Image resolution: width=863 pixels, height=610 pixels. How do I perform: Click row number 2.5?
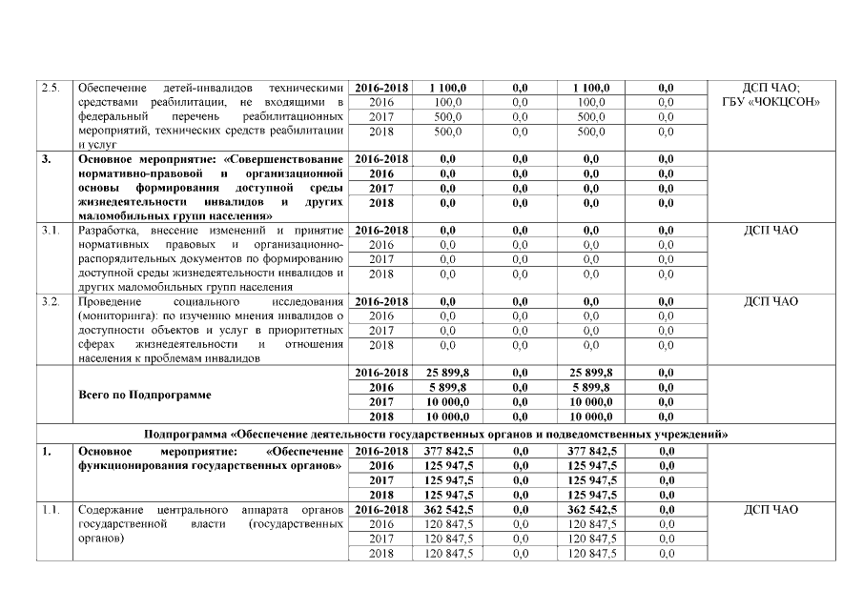pos(51,88)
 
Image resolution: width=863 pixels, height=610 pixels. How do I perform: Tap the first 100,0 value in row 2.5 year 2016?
pos(447,102)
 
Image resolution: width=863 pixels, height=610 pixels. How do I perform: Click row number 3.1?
pos(51,230)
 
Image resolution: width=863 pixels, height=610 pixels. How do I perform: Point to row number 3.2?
pos(51,301)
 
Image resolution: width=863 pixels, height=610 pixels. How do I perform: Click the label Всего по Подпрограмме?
pos(144,394)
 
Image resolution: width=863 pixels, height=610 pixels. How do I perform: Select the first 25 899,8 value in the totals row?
pos(446,373)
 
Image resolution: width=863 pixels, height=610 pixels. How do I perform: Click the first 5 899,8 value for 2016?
pos(446,387)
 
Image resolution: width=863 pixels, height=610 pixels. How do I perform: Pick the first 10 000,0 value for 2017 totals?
pos(446,401)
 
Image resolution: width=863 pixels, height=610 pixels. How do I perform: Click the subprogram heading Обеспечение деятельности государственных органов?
pos(436,434)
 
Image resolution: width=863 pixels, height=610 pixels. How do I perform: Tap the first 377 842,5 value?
pos(446,450)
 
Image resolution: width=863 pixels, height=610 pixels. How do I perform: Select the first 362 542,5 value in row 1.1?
pos(446,510)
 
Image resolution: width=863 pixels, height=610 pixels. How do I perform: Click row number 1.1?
pos(51,510)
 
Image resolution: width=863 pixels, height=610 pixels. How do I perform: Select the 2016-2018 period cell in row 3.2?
pos(381,301)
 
